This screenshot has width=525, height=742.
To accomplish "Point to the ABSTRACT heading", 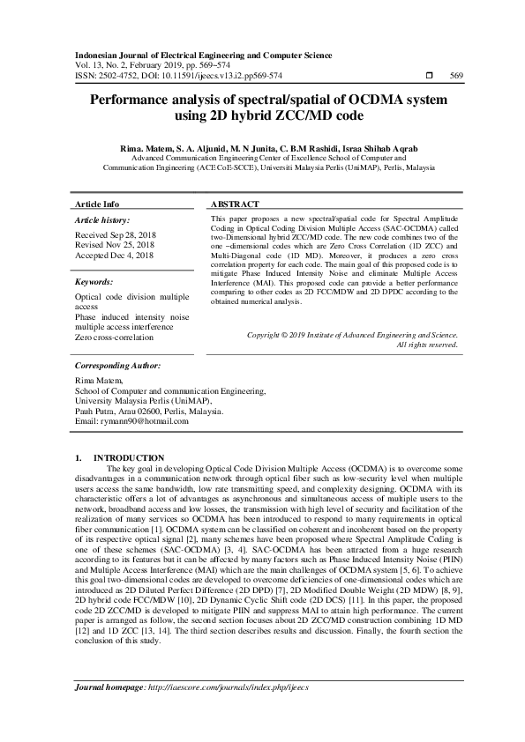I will tap(234, 203).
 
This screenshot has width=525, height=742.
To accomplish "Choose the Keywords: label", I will tap(94, 282).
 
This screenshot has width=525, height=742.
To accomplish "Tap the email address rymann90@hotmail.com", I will tap(144, 421).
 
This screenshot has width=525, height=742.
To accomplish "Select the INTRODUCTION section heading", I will tap(129, 457).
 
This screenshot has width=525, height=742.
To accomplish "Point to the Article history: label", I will tap(102, 219).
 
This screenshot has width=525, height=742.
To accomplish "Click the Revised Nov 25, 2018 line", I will tap(114, 245).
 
